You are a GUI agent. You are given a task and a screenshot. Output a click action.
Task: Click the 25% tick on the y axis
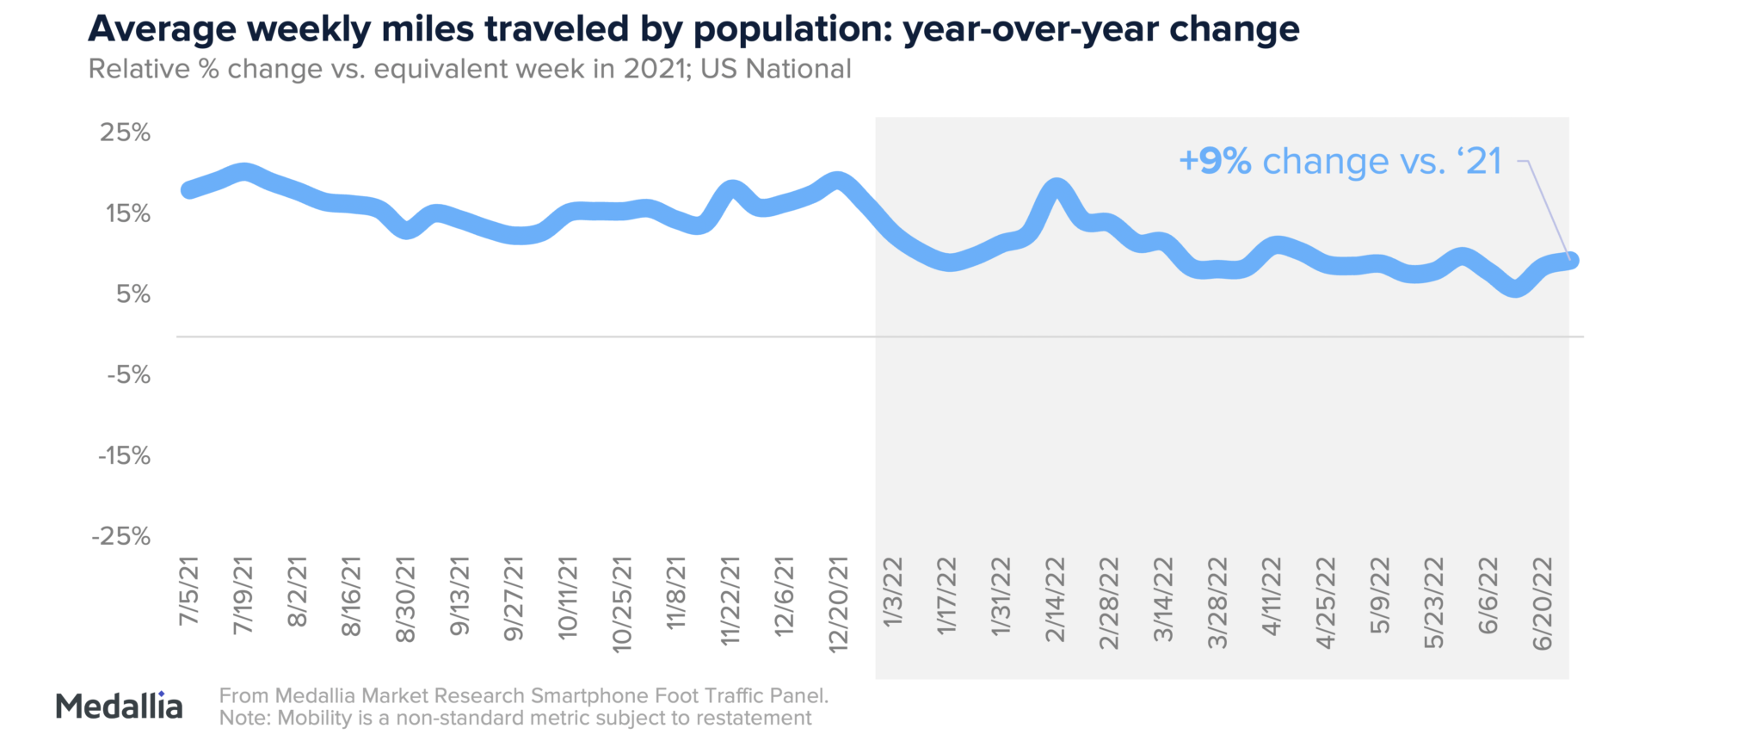pyautogui.click(x=125, y=133)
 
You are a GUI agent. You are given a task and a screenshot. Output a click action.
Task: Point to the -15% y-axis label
pyautogui.click(x=124, y=456)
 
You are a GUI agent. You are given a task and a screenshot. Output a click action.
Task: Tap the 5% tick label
pyautogui.click(x=132, y=294)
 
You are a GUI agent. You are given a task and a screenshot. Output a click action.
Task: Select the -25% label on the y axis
pyautogui.click(x=121, y=537)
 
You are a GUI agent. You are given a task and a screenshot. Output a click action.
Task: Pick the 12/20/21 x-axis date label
pyautogui.click(x=838, y=604)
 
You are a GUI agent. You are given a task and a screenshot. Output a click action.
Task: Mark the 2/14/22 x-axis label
pyautogui.click(x=1055, y=600)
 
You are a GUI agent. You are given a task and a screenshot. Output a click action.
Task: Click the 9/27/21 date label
pyautogui.click(x=514, y=600)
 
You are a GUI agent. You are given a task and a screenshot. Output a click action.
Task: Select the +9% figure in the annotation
pyautogui.click(x=1215, y=162)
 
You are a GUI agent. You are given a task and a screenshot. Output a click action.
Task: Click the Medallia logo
pyautogui.click(x=119, y=706)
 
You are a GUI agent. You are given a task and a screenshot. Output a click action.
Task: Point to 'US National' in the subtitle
pyautogui.click(x=775, y=69)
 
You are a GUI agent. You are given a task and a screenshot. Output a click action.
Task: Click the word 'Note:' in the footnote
pyautogui.click(x=245, y=719)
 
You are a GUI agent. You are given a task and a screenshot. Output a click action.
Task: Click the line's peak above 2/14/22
pyautogui.click(x=1057, y=187)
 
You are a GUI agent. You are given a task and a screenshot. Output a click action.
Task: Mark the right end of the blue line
pyautogui.click(x=1571, y=260)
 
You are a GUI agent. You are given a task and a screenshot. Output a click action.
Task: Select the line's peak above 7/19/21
pyautogui.click(x=244, y=172)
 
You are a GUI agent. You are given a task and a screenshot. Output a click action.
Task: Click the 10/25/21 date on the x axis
pyautogui.click(x=622, y=604)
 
